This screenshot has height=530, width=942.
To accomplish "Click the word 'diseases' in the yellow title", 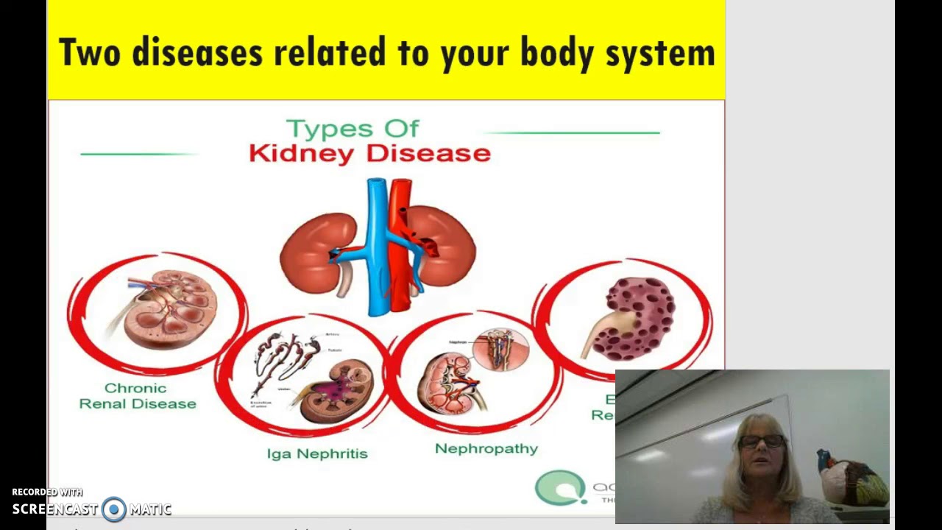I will click(196, 53).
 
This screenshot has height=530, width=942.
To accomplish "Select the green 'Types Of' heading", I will click(353, 129).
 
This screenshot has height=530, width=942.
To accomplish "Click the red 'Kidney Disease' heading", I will click(369, 154).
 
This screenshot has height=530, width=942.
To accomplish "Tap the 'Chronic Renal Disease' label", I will click(138, 396).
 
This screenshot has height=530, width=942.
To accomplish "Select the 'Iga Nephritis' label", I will click(317, 453).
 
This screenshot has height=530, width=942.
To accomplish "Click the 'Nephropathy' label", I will click(486, 448).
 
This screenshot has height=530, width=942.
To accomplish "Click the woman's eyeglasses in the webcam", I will click(761, 441).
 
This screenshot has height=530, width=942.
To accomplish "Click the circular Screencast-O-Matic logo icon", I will click(114, 509).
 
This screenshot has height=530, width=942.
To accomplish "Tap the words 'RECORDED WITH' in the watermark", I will click(47, 492).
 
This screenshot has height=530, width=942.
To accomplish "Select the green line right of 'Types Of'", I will click(573, 133).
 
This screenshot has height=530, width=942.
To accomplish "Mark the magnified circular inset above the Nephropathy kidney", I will click(500, 349).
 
